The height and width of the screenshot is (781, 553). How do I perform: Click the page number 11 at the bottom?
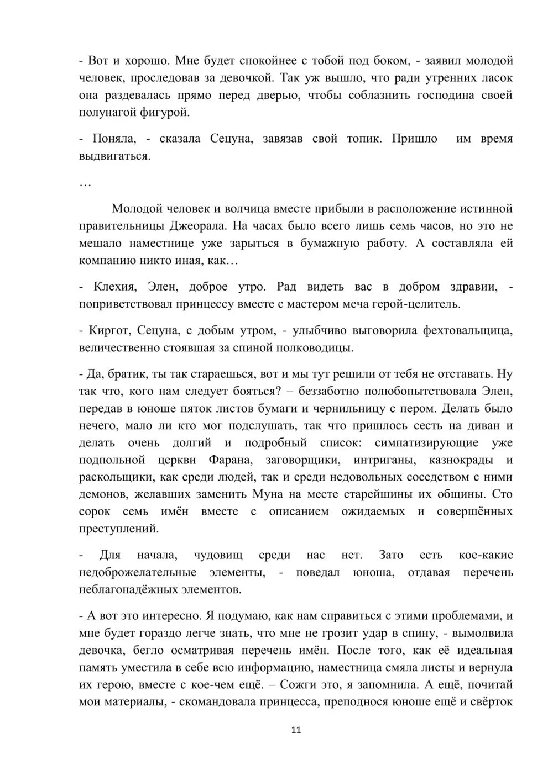296,730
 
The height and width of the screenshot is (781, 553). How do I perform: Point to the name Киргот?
109,330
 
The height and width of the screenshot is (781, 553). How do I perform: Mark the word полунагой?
106,112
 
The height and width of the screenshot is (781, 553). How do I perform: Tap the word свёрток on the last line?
493,702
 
